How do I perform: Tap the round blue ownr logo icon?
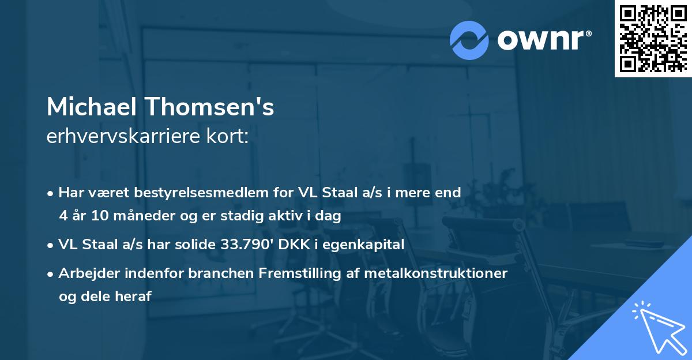(469, 40)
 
